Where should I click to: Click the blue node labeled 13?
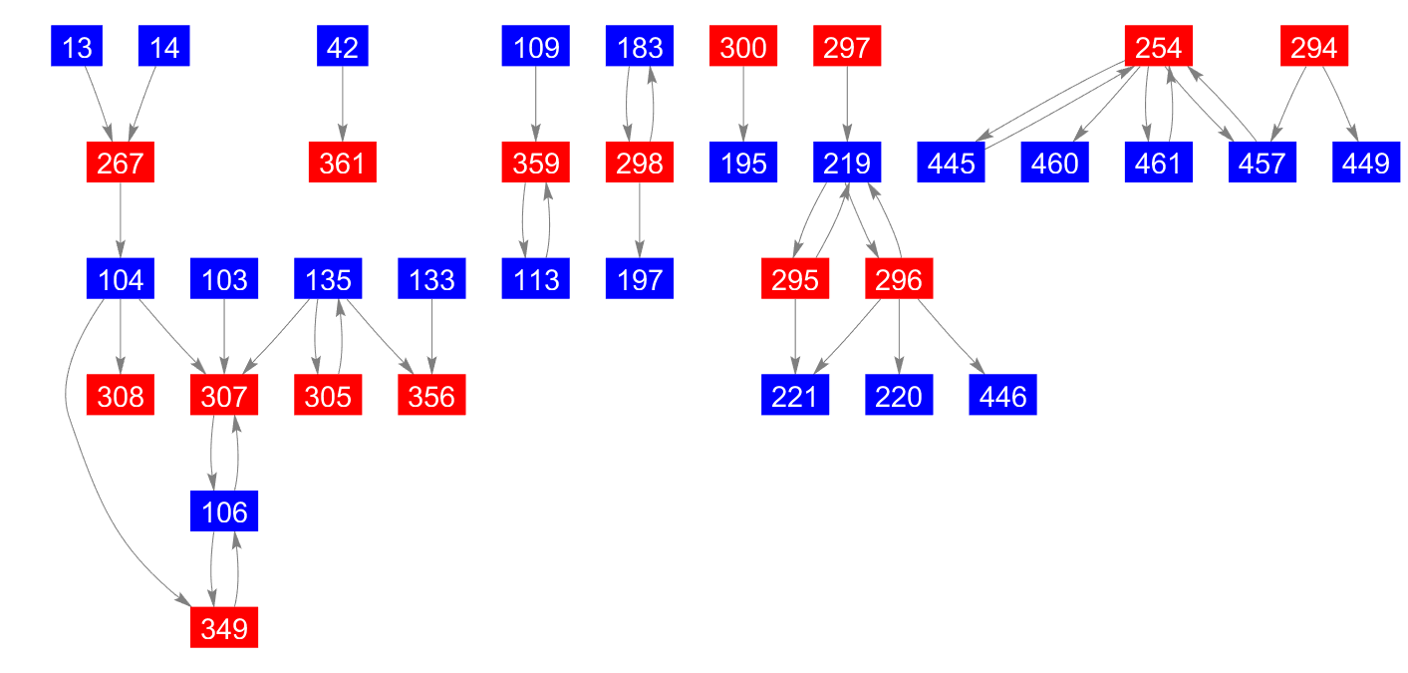tap(77, 46)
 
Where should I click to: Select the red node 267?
tap(121, 163)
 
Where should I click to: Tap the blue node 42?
tap(343, 46)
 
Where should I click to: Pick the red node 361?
tap(343, 163)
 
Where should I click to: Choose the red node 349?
tap(224, 627)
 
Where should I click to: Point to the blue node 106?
tap(224, 510)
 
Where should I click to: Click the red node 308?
tap(121, 395)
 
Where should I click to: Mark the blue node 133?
tap(431, 278)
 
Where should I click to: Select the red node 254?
tap(1159, 46)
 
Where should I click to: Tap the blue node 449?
tap(1366, 163)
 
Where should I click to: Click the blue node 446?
tap(1002, 395)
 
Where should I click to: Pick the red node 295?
tap(795, 278)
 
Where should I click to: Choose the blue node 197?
tap(640, 278)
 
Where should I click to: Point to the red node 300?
tap(743, 46)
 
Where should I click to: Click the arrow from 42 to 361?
tap(343, 104)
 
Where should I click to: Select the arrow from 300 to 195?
tap(743, 104)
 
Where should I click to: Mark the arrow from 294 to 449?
tap(1340, 104)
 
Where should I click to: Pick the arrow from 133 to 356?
tap(431, 337)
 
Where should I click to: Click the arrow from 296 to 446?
tap(951, 337)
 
